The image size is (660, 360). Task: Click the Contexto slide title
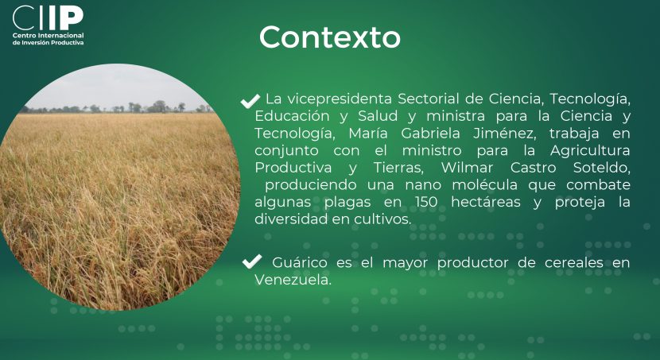point(329,37)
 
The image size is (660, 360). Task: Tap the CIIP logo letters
point(48,17)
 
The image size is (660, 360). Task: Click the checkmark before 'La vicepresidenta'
point(250,101)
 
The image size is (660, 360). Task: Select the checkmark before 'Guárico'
point(252,261)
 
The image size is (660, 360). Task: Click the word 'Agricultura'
point(590,151)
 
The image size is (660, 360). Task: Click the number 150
point(426,203)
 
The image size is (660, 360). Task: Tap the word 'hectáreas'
point(486,203)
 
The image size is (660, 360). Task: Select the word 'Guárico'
point(300,263)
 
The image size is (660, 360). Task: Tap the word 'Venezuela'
point(293,280)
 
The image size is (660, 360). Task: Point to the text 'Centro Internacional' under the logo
point(48,36)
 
